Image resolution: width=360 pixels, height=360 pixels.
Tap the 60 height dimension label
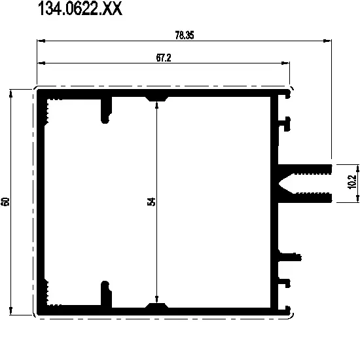coord(6,201)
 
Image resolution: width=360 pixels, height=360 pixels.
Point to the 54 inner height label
coord(152,202)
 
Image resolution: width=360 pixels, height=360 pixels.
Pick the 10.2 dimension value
coord(351,181)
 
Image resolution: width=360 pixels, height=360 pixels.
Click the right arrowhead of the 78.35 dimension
coord(327,42)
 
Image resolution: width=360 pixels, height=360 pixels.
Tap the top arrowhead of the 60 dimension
coord(11,92)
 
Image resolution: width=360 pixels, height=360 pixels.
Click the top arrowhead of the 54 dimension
coord(156,104)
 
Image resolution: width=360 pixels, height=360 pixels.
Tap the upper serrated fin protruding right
coord(308,164)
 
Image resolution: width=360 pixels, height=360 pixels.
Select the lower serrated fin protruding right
coord(308,197)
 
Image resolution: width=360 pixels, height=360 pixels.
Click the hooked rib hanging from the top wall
coord(105,111)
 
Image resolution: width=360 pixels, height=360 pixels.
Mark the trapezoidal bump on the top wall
coord(156,98)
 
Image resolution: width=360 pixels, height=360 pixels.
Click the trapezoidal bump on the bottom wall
coord(156,305)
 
